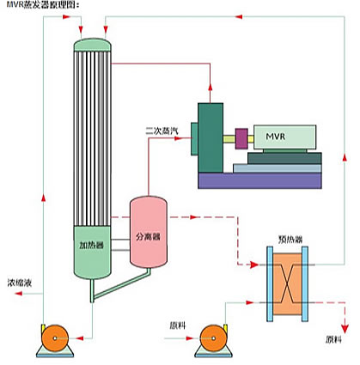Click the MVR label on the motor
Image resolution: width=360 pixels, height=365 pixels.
276,137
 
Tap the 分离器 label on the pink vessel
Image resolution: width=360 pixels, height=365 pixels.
148,237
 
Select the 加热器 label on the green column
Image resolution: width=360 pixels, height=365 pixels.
91,245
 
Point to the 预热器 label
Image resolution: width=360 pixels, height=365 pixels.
290,240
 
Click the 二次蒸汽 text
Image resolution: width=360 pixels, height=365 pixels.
162,131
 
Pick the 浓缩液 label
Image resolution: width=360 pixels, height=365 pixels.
20,283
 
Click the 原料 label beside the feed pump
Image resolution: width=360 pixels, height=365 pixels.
178,325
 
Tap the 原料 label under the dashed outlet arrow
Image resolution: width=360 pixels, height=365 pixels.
333,339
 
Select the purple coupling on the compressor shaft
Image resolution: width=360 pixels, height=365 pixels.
241,138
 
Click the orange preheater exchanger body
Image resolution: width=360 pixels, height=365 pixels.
287,284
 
